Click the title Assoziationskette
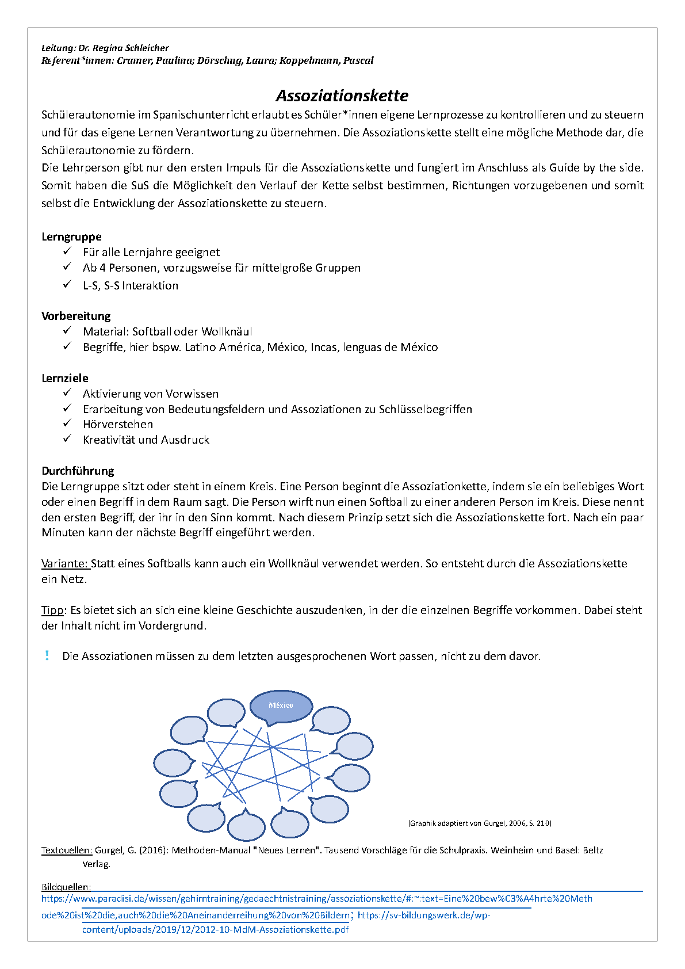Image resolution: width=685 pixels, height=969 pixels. click(342, 96)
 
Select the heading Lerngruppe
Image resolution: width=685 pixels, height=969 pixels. click(71, 236)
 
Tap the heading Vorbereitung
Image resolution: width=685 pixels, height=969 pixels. click(76, 316)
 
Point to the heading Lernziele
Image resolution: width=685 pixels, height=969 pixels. click(65, 378)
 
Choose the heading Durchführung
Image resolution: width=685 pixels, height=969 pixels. click(78, 471)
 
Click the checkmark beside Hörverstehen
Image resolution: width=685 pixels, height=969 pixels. click(67, 424)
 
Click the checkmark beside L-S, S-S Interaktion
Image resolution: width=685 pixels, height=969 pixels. click(67, 284)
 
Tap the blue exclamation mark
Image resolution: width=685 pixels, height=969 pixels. click(47, 655)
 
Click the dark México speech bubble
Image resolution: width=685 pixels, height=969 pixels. click(281, 705)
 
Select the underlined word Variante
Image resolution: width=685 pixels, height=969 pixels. click(64, 563)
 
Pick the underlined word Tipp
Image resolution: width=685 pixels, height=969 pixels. click(52, 610)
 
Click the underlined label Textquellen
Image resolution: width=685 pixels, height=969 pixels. click(66, 850)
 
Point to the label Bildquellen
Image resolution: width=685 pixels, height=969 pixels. click(66, 887)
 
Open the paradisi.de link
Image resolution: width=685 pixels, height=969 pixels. click(316, 899)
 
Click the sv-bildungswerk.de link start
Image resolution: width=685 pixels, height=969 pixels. click(423, 915)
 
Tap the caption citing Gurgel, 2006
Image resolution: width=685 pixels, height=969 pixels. click(480, 823)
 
